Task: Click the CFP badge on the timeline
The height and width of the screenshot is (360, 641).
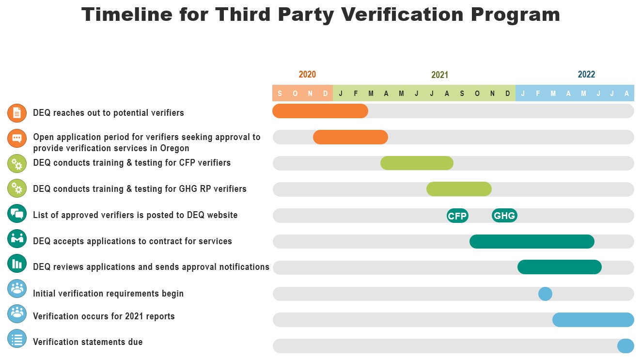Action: click(x=457, y=216)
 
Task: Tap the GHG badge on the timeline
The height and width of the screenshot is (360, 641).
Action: click(x=504, y=216)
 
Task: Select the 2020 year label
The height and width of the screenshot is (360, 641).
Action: click(x=307, y=75)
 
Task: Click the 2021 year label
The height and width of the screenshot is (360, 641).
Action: click(x=439, y=75)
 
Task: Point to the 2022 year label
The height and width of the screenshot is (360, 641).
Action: click(x=586, y=75)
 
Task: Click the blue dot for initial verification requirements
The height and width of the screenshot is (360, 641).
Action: click(x=545, y=294)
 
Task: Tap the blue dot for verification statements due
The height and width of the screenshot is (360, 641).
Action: click(x=625, y=346)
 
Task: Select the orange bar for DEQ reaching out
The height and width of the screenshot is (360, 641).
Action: click(x=320, y=111)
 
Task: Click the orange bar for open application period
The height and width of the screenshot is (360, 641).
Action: click(x=350, y=137)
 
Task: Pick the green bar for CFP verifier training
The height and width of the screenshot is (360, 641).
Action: click(x=417, y=163)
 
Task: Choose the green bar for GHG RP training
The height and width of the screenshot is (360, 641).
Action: click(x=459, y=189)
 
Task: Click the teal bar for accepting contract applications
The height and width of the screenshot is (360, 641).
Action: click(x=532, y=241)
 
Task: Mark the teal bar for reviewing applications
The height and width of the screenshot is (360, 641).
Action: click(x=559, y=267)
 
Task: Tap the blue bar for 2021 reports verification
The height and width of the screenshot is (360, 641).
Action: click(x=593, y=320)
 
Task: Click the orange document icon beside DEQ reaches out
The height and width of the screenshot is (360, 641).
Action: click(x=17, y=113)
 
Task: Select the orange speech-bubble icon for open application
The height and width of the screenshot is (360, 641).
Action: click(x=17, y=138)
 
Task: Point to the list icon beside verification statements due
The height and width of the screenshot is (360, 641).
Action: click(x=17, y=339)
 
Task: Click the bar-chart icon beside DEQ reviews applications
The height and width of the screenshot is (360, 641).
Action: click(x=17, y=264)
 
